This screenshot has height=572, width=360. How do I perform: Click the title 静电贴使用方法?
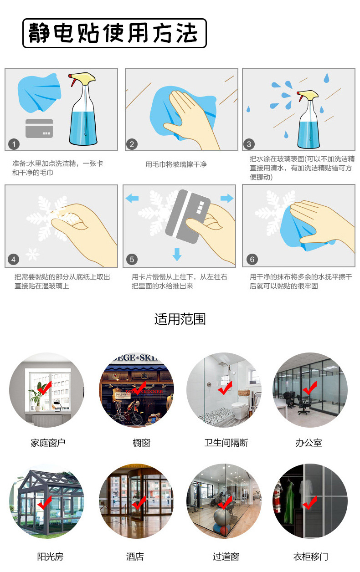pyautogui.click(x=114, y=33)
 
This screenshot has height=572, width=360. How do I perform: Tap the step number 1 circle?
pyautogui.click(x=14, y=144)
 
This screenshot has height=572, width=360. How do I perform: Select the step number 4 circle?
pyautogui.click(x=13, y=260)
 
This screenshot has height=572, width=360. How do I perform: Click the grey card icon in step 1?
pyautogui.click(x=39, y=128)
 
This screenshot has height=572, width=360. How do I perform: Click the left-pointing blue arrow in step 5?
pyautogui.click(x=132, y=198)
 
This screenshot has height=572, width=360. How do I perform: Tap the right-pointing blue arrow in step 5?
pyautogui.click(x=226, y=198)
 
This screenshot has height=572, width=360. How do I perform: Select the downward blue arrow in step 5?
pyautogui.click(x=177, y=254)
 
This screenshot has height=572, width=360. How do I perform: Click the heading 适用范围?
pyautogui.click(x=180, y=319)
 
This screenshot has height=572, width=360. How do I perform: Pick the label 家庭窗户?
pyautogui.click(x=48, y=443)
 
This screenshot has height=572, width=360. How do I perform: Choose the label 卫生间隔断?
pyautogui.click(x=226, y=443)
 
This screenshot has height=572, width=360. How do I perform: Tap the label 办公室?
pyautogui.click(x=309, y=443)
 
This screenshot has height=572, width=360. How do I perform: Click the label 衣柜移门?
pyautogui.click(x=310, y=557)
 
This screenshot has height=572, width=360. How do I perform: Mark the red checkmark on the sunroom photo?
pyautogui.click(x=45, y=503)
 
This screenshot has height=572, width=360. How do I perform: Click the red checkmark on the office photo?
pyautogui.click(x=310, y=388)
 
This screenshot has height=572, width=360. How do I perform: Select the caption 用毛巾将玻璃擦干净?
pyautogui.click(x=176, y=164)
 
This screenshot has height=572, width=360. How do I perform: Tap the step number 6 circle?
pyautogui.click(x=252, y=260)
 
